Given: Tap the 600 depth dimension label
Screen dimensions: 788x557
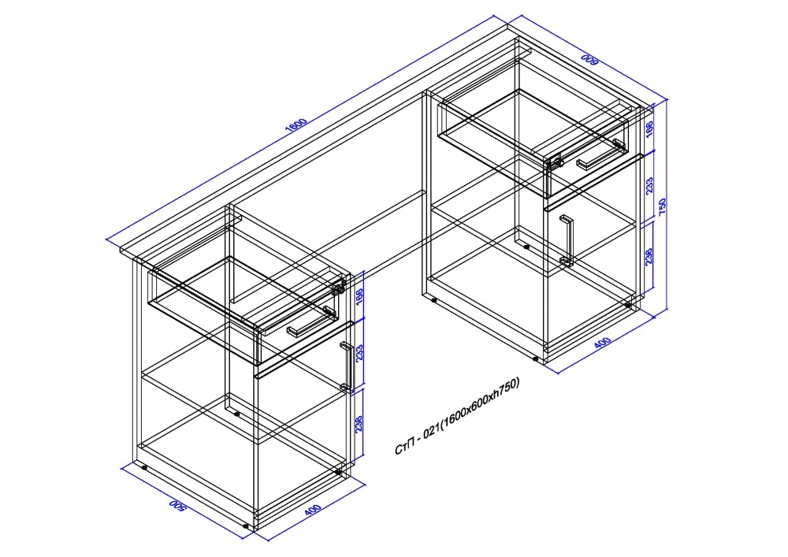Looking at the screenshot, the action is click(x=589, y=60).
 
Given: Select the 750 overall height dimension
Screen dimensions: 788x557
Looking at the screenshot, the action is click(x=663, y=206).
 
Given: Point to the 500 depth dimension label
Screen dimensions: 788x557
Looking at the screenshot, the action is click(x=177, y=505).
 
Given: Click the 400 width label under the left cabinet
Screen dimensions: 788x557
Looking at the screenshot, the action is click(x=312, y=510).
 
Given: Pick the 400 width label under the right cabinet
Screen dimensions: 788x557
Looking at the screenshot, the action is click(x=602, y=343).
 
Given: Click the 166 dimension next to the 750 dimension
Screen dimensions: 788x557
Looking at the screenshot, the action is click(x=649, y=129).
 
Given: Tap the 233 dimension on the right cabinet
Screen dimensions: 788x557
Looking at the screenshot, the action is click(x=649, y=185).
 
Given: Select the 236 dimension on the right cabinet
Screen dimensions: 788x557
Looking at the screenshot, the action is click(x=649, y=256).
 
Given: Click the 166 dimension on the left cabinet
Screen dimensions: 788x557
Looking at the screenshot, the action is click(x=359, y=297).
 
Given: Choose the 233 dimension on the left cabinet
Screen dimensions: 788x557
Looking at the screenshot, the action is click(x=359, y=353).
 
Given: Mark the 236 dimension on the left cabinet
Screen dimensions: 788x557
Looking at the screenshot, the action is click(x=359, y=423).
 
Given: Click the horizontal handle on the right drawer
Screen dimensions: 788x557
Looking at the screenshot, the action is click(x=600, y=155).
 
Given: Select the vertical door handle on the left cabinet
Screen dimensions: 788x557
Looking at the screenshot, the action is click(x=346, y=366).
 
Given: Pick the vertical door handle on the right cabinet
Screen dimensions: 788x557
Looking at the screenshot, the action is click(x=567, y=240).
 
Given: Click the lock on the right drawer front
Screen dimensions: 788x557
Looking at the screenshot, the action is click(x=556, y=162).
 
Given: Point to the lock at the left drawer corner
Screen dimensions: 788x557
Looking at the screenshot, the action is click(x=339, y=288).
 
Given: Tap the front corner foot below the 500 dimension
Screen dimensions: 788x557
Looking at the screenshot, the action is click(x=246, y=526).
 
